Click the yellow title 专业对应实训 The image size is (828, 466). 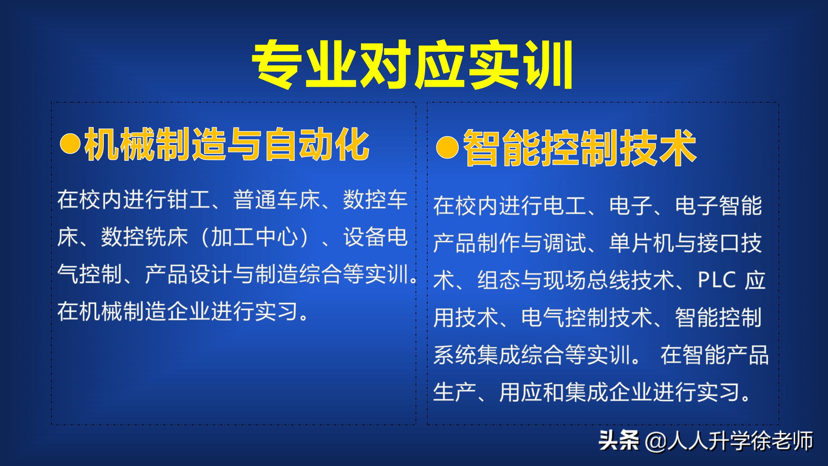coord(412,64)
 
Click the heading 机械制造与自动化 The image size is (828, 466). coord(226,144)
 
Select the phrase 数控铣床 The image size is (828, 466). coord(144,237)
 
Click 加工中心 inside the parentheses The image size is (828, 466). coord(254,237)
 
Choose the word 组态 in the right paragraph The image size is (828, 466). coord(499,280)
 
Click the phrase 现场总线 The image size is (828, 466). coord(587,280)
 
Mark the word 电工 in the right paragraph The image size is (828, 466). coord(565,206)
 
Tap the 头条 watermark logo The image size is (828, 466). coord(618,440)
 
